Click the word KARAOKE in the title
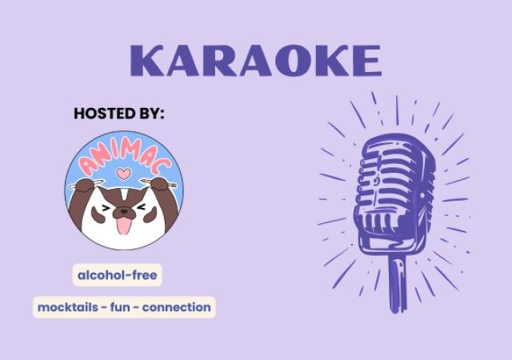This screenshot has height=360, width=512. [x=255, y=62]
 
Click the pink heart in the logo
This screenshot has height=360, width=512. [x=122, y=172]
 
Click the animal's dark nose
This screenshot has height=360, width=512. [x=123, y=212]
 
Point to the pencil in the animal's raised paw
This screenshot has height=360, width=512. [x=170, y=182]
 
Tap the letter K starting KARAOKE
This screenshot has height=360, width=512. [x=147, y=62]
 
